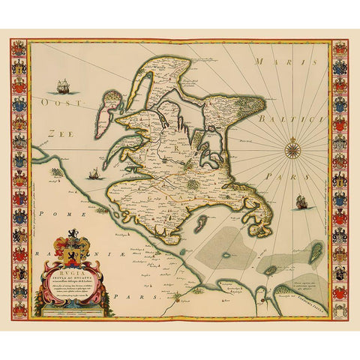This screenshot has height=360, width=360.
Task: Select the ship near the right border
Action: point(300,201)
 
